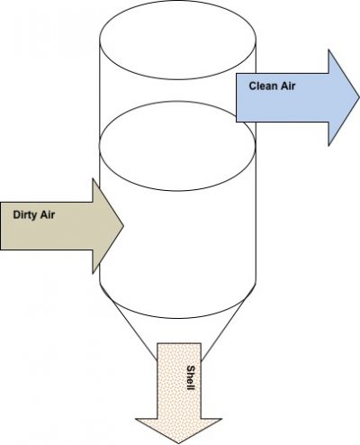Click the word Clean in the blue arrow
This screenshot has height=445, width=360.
(263, 86)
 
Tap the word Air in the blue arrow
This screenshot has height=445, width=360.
(288, 86)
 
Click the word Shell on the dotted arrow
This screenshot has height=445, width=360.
(191, 377)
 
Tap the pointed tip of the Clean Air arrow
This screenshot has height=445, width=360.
(359, 97)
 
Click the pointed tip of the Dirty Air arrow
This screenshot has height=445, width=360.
(123, 226)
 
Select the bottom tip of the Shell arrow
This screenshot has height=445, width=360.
(178, 443)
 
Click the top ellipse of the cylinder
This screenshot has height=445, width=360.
(177, 79)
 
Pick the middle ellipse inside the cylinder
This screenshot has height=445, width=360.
(177, 190)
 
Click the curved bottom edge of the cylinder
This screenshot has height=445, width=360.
(178, 318)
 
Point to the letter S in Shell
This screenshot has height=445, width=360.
(191, 368)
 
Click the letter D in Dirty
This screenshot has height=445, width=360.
(16, 215)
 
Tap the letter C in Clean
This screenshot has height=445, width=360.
(253, 86)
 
